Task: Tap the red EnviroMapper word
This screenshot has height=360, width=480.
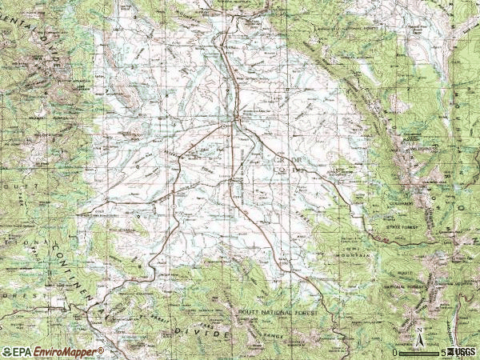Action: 59,352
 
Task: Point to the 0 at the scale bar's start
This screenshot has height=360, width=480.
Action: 394,353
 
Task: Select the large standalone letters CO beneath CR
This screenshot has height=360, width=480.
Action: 281,168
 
